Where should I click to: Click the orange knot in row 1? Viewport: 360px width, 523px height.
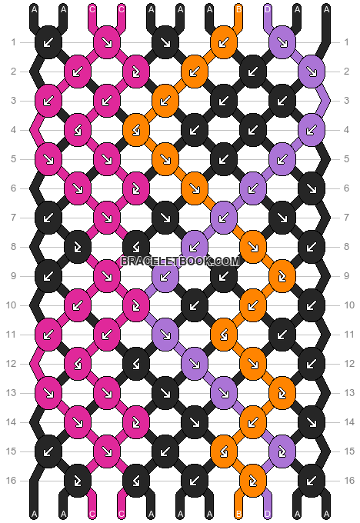[224, 42]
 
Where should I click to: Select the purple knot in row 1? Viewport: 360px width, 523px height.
[282, 42]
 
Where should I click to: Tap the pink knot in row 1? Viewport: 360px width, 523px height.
[107, 42]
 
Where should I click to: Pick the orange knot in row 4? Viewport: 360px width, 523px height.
[136, 130]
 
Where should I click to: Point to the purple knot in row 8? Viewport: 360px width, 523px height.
[195, 247]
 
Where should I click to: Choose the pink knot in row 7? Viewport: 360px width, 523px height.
[107, 218]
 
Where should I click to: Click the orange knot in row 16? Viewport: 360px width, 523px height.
[253, 481]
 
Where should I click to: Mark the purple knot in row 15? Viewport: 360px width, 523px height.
[282, 451]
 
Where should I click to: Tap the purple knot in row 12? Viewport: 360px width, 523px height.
[195, 364]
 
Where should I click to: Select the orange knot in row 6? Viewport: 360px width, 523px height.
[195, 188]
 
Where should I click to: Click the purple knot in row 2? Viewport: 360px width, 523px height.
[312, 72]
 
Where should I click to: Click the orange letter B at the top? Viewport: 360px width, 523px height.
[238, 9]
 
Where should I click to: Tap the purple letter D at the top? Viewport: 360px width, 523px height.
[268, 9]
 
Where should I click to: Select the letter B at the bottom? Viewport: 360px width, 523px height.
[238, 515]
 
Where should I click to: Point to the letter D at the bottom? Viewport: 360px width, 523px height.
[268, 515]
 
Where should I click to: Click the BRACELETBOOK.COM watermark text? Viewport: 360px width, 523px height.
[180, 261]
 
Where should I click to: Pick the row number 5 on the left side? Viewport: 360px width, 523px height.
[13, 159]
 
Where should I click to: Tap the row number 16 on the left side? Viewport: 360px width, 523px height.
[12, 481]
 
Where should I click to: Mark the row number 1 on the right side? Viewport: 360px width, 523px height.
[346, 42]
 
